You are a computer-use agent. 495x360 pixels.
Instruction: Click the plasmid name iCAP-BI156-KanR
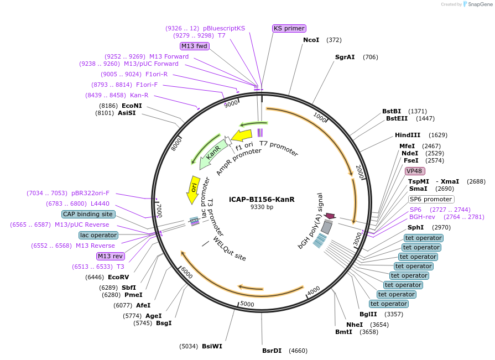click(262, 200)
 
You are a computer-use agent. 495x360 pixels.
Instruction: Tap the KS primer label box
click(289, 28)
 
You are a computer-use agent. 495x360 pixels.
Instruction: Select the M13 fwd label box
click(195, 46)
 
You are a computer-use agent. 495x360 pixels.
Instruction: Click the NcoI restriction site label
click(311, 40)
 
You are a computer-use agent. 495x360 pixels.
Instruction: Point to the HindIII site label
click(408, 135)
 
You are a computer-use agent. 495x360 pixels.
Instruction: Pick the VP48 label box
click(415, 171)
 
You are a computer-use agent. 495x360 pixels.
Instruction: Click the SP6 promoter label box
click(431, 200)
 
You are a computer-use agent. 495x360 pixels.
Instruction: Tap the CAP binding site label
click(88, 214)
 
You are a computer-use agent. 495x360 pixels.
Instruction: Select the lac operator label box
click(98, 235)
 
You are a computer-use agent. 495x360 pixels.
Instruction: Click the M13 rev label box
click(110, 256)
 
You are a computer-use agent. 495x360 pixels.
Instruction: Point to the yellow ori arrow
click(193, 190)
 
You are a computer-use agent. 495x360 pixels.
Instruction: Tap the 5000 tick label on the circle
click(247, 304)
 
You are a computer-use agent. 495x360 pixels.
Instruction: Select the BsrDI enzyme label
click(272, 351)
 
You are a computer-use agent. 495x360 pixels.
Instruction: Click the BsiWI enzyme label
click(212, 346)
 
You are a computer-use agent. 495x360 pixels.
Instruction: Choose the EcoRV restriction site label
click(118, 278)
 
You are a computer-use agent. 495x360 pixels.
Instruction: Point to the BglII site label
click(368, 314)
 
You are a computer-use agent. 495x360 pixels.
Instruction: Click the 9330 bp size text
click(262, 207)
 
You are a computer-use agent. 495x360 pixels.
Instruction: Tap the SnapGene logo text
click(480, 4)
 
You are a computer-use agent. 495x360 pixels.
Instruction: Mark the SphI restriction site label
click(415, 227)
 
